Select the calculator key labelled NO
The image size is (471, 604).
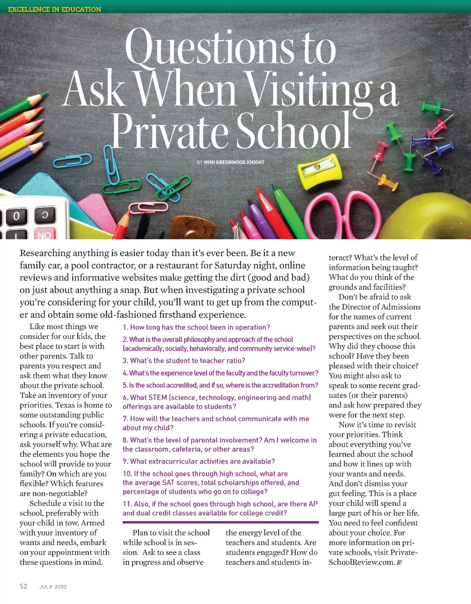pos(44,234)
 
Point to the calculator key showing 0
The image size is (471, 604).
pos(17,216)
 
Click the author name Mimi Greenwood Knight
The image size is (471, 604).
pos(234,163)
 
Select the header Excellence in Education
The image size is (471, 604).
pos(55,9)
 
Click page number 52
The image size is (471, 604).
pos(23,586)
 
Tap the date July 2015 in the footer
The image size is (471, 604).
pos(53,587)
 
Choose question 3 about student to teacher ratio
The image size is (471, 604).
pos(184,360)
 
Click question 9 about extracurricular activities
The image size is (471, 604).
pos(199,461)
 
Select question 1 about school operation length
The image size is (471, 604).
pos(196,327)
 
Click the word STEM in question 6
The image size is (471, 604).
pos(158,397)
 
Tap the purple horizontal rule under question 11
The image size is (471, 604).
pos(220,522)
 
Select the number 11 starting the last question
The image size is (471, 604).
pos(127,504)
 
